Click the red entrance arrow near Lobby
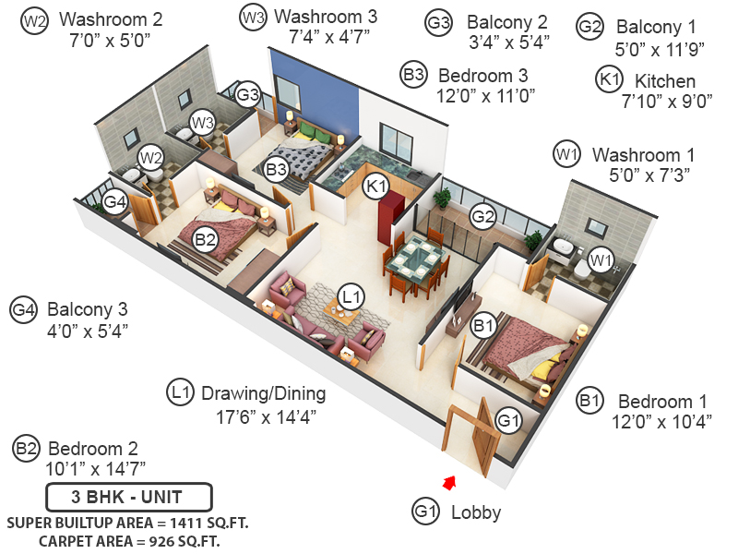[450, 482]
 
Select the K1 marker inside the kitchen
[375, 187]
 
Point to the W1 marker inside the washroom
[600, 259]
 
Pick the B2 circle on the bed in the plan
[206, 240]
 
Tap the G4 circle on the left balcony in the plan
[115, 202]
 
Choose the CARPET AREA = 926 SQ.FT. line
[129, 541]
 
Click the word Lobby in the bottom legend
[475, 512]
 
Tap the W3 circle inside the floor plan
[203, 122]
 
